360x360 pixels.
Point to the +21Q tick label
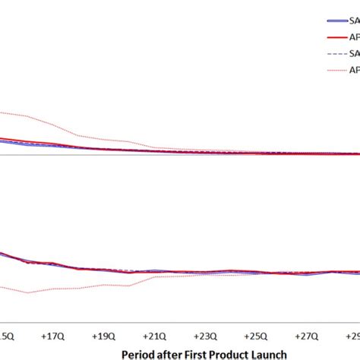pos(153,334)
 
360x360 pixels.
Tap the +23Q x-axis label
pos(203,334)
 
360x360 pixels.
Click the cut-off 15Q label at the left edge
pos(6,334)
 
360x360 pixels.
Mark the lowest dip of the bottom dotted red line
pos(28,292)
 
